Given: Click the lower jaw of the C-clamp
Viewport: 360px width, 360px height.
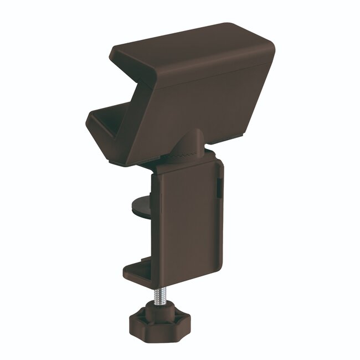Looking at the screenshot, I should [138, 271].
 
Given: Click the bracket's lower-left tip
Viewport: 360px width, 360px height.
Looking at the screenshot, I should [91, 119].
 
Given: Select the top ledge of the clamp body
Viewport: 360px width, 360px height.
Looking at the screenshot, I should [188, 161].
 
